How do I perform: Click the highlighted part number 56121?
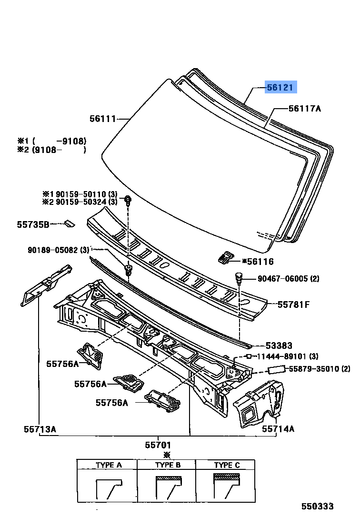[281, 87]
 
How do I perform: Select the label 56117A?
[305, 109]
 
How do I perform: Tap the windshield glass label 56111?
[102, 119]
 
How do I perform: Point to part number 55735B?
[33, 224]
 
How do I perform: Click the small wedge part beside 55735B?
[70, 223]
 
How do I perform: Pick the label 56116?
[260, 261]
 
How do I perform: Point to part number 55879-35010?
[314, 369]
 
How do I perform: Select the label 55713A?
[40, 429]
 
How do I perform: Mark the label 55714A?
[278, 429]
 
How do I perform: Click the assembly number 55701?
[158, 445]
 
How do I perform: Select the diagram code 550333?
[317, 507]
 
